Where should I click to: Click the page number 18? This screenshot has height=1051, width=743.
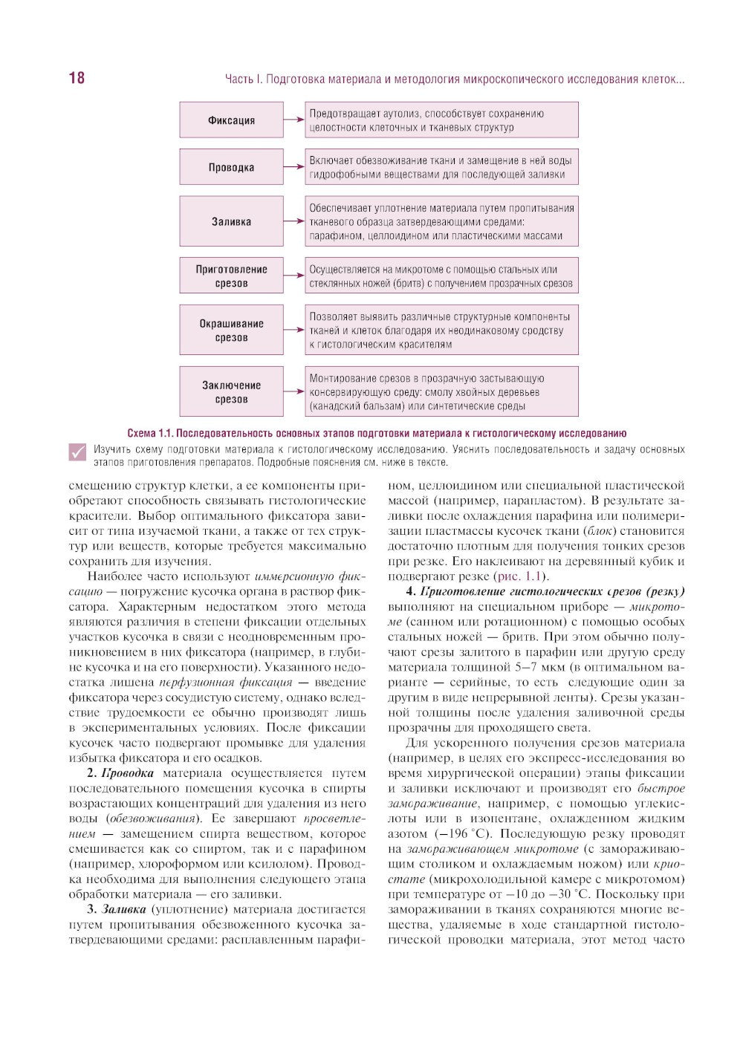click(77, 78)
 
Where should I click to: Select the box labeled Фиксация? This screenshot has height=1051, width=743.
click(231, 120)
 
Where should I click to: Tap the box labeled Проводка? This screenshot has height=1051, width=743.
click(231, 167)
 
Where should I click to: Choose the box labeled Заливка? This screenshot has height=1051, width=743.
click(231, 221)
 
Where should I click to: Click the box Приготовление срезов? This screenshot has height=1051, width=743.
click(231, 276)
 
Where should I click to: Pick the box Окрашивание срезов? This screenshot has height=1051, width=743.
click(231, 331)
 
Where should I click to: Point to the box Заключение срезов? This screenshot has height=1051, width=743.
click(231, 392)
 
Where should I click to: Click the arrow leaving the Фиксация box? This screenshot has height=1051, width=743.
click(294, 120)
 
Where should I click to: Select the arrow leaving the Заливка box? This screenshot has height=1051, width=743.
click(294, 221)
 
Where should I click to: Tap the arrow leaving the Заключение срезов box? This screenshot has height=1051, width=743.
click(294, 392)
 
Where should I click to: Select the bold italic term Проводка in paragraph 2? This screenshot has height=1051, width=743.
click(127, 773)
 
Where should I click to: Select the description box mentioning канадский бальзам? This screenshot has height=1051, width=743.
click(441, 392)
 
